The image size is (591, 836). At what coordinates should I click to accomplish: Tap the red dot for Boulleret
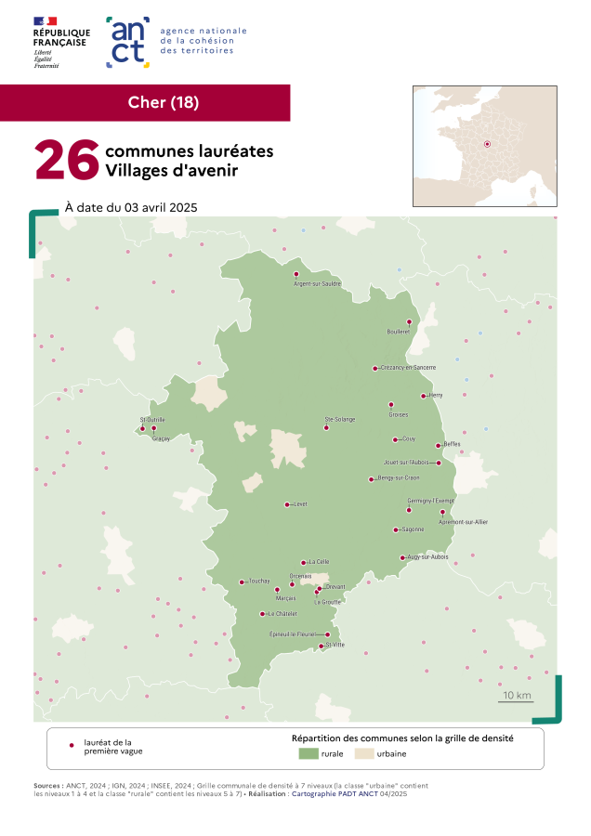pyautogui.click(x=409, y=321)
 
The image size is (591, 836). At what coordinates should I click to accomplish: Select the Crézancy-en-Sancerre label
pyautogui.click(x=408, y=368)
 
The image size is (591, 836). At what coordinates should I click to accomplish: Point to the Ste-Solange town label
pyautogui.click(x=339, y=420)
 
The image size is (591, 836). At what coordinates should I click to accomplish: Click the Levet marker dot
pyautogui.click(x=286, y=504)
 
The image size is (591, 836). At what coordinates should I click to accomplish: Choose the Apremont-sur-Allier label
pyautogui.click(x=466, y=522)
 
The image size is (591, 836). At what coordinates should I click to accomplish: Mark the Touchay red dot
pyautogui.click(x=242, y=582)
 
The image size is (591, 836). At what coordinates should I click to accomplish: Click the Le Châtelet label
pyautogui.click(x=282, y=614)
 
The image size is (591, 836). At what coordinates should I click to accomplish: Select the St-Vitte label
pyautogui.click(x=335, y=645)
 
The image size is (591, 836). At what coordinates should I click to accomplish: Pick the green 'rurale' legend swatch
pyautogui.click(x=308, y=755)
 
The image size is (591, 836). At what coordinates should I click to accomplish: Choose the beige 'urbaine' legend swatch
pyautogui.click(x=363, y=755)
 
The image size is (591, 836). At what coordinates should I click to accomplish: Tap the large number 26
pyautogui.click(x=66, y=160)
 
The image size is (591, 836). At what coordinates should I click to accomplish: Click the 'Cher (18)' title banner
pyautogui.click(x=163, y=102)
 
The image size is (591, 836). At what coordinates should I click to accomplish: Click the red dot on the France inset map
pyautogui.click(x=486, y=144)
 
